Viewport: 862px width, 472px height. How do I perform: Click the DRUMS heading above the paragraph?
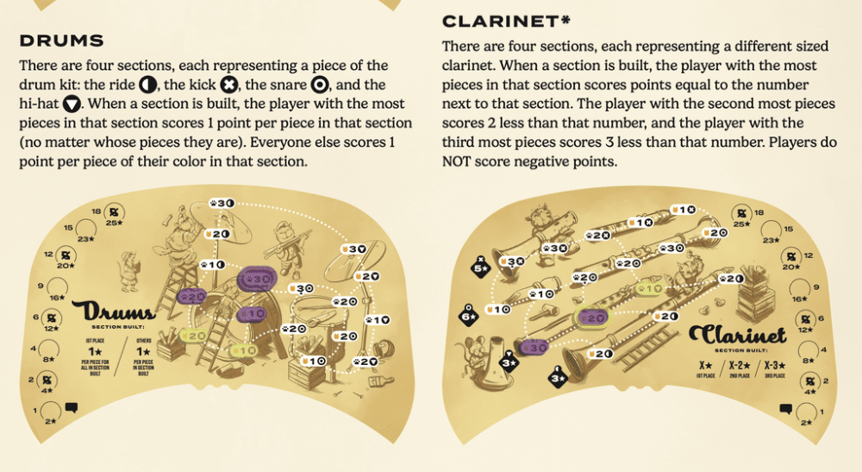coord(61,41)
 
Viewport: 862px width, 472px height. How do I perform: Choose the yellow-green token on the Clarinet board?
coord(652,289)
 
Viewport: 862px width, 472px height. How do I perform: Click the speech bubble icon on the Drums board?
coord(72,406)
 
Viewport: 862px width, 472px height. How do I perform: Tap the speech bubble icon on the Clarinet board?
coord(785,407)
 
